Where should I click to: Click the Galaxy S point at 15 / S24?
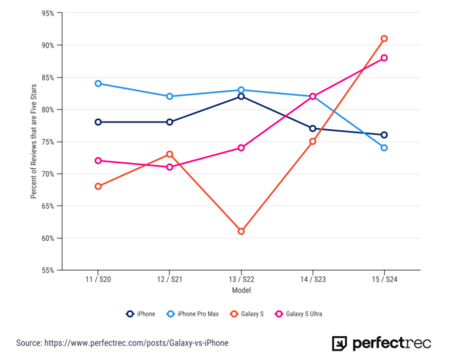click(384, 39)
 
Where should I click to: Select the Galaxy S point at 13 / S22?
click(241, 231)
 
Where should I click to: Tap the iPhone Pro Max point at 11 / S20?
click(98, 84)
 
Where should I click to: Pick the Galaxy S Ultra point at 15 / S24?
click(384, 58)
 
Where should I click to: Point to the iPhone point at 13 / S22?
click(241, 97)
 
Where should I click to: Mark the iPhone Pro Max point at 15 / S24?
click(384, 148)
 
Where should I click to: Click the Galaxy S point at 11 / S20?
click(98, 186)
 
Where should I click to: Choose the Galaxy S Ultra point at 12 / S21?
click(170, 167)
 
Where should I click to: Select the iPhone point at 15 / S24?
click(384, 135)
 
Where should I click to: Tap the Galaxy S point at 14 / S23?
click(312, 141)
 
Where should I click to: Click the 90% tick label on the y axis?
click(48, 45)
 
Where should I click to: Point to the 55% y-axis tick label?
click(48, 270)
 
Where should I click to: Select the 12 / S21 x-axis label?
click(170, 279)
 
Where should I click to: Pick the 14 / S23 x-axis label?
click(313, 279)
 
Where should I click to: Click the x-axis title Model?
click(241, 290)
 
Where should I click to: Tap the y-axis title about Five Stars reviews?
click(34, 141)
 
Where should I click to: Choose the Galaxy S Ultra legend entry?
click(299, 314)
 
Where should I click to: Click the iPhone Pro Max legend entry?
click(193, 314)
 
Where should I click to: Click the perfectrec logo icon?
click(339, 343)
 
